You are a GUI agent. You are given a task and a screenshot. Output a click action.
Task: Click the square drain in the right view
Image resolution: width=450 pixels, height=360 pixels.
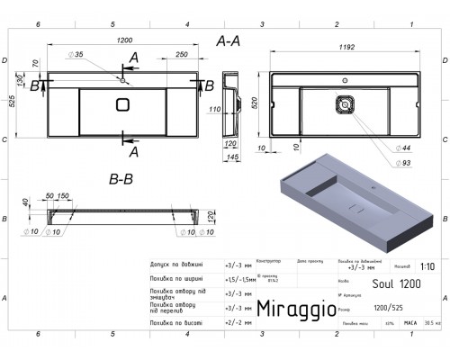pos(343,104)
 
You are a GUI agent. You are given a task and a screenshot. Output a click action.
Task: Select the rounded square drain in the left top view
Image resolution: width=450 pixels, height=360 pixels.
pos(122,106)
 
